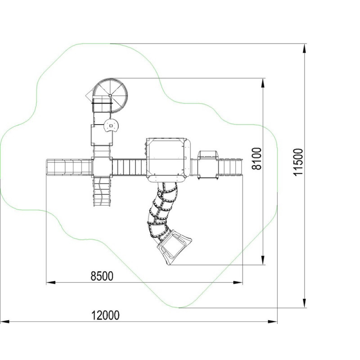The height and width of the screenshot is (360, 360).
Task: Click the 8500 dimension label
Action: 102,276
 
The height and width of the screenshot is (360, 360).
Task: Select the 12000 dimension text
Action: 105,315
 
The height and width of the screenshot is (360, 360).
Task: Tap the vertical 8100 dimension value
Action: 256,159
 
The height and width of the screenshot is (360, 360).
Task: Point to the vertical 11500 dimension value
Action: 298,162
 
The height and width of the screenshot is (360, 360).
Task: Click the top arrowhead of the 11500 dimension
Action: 305,49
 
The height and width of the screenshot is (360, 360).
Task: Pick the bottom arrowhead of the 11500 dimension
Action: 305,303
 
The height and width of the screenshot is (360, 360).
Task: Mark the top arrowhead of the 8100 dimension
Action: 263,83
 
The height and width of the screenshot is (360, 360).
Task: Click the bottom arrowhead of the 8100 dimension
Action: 263,260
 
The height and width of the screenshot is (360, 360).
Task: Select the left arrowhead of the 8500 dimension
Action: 51,283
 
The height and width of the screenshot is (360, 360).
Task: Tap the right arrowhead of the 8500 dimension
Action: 238,283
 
